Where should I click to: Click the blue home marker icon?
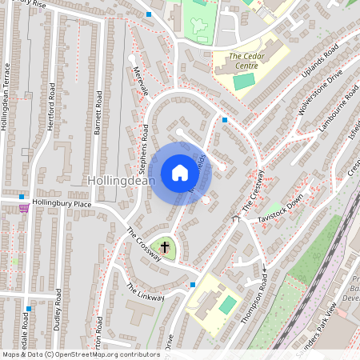pyautogui.click(x=180, y=173)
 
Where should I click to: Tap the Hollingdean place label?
pyautogui.click(x=122, y=182)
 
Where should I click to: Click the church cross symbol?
pyautogui.click(x=166, y=248)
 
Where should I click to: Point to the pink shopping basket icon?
pyautogui.click(x=24, y=208)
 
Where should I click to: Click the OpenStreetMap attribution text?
pyautogui.click(x=80, y=354)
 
